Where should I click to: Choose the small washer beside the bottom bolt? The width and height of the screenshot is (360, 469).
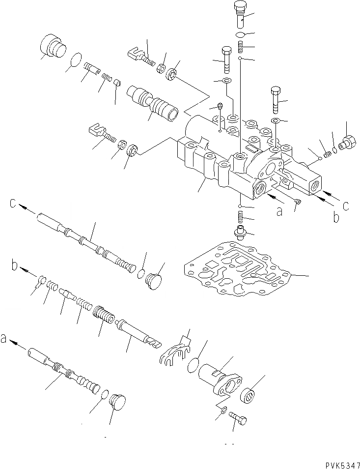pos(222,410)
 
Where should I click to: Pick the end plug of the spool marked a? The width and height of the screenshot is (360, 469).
pos(117,400)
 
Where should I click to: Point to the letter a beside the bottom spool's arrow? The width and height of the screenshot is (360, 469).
pos(5,338)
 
